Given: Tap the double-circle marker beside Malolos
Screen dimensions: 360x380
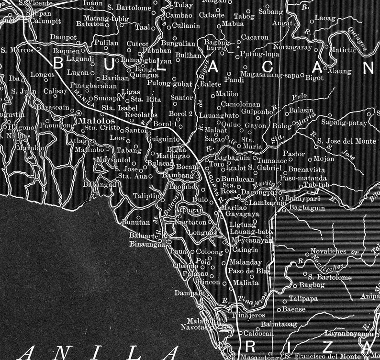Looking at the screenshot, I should click(78, 113).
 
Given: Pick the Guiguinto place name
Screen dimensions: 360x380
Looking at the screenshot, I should click(164, 139).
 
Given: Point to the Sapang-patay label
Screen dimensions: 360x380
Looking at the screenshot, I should click(343, 123).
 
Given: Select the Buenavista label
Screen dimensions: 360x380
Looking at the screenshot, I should click(306, 170).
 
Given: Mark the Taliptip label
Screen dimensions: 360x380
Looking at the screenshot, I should click(146, 196).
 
